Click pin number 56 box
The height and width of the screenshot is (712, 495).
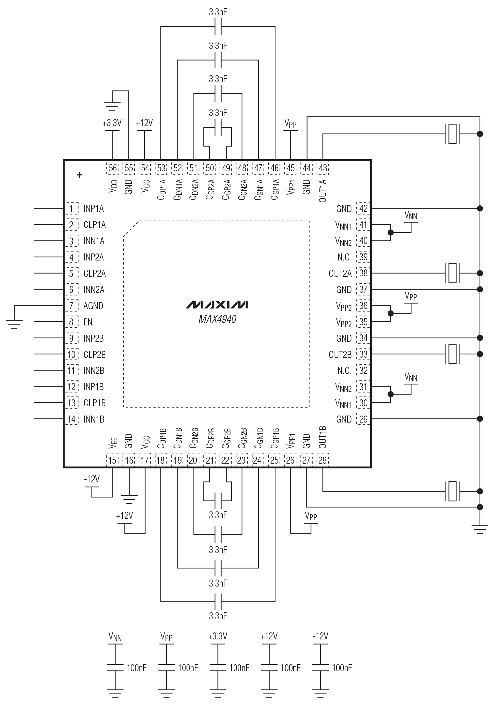coord(113,168)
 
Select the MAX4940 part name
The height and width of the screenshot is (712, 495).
coord(217,319)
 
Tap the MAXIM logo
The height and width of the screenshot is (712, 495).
coord(217,304)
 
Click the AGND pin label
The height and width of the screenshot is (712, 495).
coord(93,306)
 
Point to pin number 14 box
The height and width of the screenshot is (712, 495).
coord(72,419)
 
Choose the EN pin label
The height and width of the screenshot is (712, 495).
coord(88,322)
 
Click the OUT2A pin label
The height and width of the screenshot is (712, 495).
coord(340,274)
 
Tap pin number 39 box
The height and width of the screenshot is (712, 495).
coord(363,257)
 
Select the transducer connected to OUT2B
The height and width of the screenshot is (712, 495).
coord(452,354)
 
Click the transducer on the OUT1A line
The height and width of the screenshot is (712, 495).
coord(452,134)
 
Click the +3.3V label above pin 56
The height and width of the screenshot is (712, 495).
coord(112,123)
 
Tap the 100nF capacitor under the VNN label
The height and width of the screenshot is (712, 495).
coord(115,668)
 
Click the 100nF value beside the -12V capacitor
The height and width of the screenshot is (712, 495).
coord(342,668)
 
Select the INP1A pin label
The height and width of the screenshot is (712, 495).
coord(94,209)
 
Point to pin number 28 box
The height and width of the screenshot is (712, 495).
coord(322,460)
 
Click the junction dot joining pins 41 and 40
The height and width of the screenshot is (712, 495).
coord(391,233)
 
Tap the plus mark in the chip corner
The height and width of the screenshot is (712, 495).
coord(80,175)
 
